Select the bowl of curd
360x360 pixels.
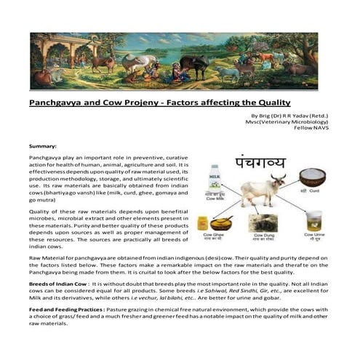coord(313,177)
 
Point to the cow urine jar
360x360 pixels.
coord(313,219)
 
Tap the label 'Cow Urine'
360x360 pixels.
coord(313,235)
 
